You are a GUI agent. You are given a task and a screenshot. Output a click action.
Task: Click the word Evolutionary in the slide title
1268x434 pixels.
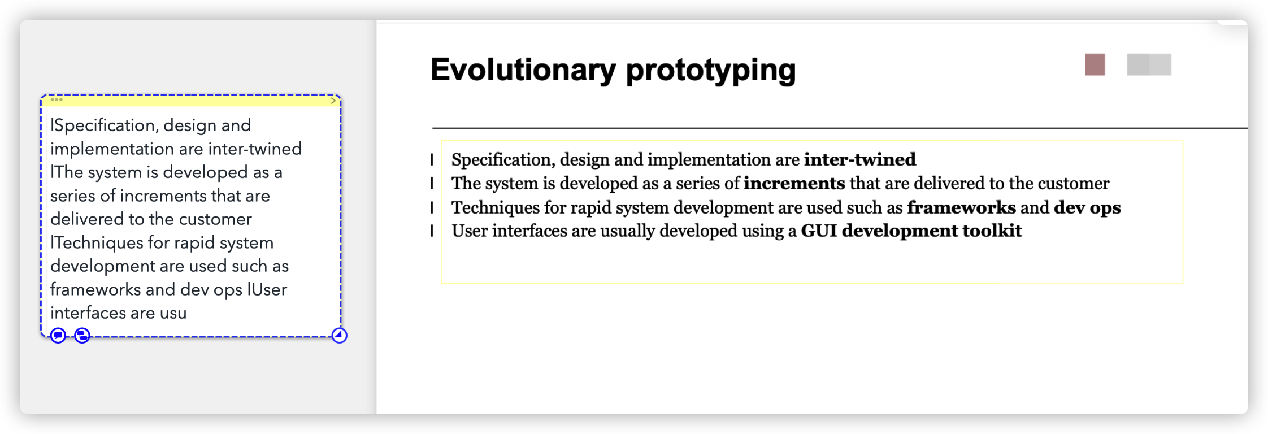(x=523, y=70)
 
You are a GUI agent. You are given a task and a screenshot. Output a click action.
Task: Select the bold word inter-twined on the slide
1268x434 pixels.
(x=860, y=160)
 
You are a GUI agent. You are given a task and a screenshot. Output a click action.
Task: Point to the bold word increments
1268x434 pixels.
(x=794, y=184)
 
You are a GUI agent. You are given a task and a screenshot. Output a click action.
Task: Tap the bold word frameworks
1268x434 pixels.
(x=961, y=207)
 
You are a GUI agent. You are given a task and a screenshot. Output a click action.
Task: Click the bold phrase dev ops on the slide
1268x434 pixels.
(x=1087, y=208)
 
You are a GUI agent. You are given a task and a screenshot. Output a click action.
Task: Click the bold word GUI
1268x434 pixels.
(x=819, y=231)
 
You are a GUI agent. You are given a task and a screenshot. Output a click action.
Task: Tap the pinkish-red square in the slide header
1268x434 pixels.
(x=1095, y=64)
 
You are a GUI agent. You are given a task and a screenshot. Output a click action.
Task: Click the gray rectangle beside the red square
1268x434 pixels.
(x=1149, y=64)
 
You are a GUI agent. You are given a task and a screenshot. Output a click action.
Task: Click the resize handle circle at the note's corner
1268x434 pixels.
(x=339, y=335)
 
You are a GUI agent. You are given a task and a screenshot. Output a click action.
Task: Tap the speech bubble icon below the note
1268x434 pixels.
(x=58, y=336)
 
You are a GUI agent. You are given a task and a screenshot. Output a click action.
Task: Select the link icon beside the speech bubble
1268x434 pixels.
(x=82, y=336)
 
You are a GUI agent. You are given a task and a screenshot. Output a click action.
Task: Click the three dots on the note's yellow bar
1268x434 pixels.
(x=57, y=99)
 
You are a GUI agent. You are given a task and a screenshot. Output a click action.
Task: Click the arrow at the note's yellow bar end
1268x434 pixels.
(x=333, y=100)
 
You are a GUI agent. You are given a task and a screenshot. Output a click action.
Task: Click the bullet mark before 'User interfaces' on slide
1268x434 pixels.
(x=432, y=231)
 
